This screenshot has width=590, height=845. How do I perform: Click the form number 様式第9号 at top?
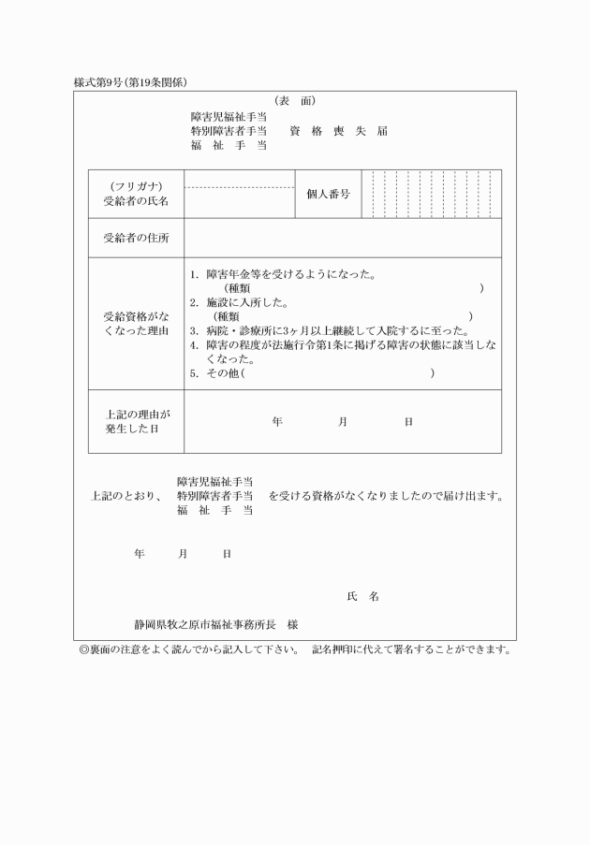pyautogui.click(x=100, y=82)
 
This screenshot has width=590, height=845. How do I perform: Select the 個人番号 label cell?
pyautogui.click(x=328, y=194)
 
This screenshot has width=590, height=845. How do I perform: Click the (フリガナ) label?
pyautogui.click(x=136, y=186)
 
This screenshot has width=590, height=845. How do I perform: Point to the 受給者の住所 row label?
pyautogui.click(x=136, y=238)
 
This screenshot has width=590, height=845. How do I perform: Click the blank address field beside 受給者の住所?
pyautogui.click(x=342, y=238)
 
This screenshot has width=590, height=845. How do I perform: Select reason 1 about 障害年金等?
pyautogui.click(x=281, y=275)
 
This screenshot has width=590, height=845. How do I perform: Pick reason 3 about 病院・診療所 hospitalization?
pyautogui.click(x=328, y=330)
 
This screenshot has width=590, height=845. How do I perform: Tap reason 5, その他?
pyautogui.click(x=215, y=372)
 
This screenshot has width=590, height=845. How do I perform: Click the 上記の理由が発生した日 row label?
pyautogui.click(x=136, y=421)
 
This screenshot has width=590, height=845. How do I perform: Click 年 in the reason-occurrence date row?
pyautogui.click(x=277, y=422)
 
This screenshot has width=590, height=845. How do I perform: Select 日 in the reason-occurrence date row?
pyautogui.click(x=408, y=422)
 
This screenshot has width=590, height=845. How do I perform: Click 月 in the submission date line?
pyautogui.click(x=183, y=554)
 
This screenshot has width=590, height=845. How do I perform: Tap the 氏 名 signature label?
pyautogui.click(x=362, y=596)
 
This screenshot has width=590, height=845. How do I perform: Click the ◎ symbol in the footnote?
pyautogui.click(x=83, y=648)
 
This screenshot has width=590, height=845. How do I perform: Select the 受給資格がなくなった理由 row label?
pyautogui.click(x=136, y=323)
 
